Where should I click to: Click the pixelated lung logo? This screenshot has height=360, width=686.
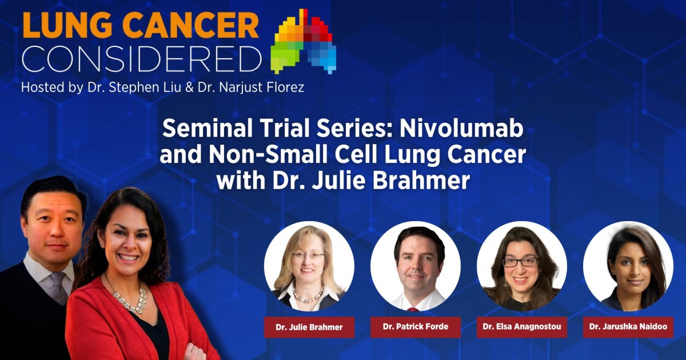pos(303,41)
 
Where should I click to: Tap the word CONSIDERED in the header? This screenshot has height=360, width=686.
pos(142,59)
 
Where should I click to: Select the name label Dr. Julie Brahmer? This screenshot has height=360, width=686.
pos(309,327)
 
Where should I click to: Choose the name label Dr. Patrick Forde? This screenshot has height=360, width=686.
pos(416,327)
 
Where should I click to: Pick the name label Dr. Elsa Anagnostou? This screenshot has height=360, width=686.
pos(522,327)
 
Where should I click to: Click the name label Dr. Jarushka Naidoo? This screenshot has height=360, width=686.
pos(628,327)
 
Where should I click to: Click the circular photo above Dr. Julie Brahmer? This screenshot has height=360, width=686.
pos(309,266)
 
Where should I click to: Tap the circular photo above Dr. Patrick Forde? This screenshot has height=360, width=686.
pos(416,266)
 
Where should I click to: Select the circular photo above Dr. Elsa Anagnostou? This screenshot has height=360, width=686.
pos(522,266)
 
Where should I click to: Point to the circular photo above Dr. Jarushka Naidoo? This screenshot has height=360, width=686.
pos(628,266)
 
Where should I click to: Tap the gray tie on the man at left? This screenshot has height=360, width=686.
pos(60,287)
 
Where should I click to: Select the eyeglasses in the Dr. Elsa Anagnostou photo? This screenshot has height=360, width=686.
pos(520,262)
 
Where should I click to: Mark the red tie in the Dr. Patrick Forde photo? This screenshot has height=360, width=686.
pos(413,309)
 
